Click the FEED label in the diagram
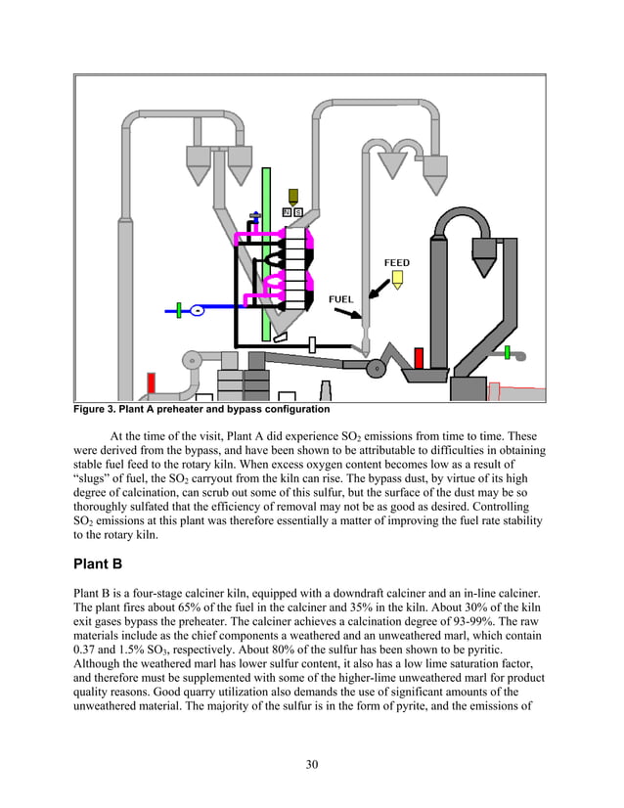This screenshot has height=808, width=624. [x=396, y=263]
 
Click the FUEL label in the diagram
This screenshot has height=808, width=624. [x=340, y=298]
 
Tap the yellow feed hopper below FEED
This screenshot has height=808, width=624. [x=397, y=280]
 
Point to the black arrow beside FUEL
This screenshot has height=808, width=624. [x=346, y=314]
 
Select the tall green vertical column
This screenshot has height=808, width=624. [x=266, y=254]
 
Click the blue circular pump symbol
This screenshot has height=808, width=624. [x=197, y=310]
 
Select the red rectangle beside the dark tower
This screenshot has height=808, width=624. [x=419, y=359]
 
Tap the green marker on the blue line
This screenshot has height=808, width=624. [x=179, y=310]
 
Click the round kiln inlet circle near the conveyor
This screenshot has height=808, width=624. [x=374, y=368]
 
